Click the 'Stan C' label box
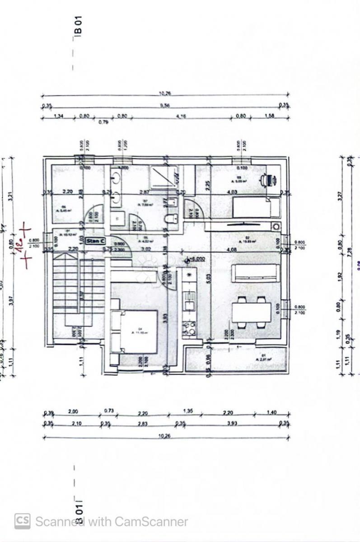[96, 241]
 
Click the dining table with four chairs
[252, 312]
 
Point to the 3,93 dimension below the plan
[232, 423]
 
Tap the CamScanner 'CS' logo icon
[22, 521]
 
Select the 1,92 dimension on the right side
[340, 276]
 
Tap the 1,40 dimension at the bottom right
[271, 412]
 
